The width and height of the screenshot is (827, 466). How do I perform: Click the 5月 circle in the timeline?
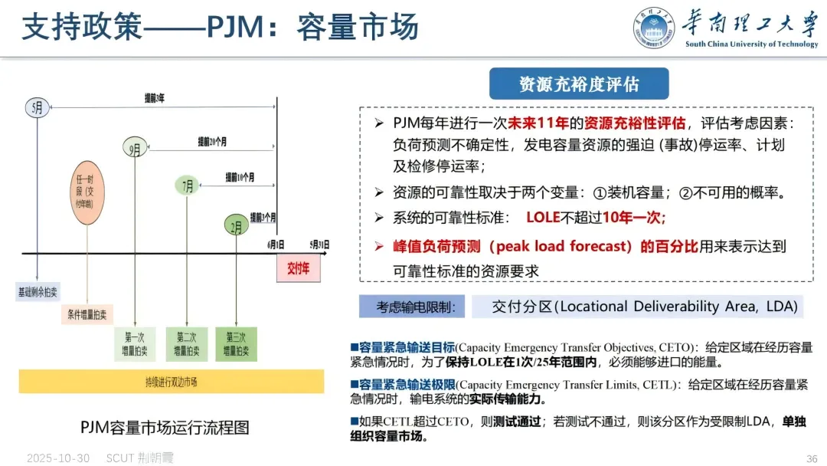coord(37,107)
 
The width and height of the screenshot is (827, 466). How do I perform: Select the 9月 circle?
coord(135,149)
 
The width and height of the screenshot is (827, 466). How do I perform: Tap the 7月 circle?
coord(186,185)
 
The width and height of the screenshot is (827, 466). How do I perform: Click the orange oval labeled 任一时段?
coord(87,192)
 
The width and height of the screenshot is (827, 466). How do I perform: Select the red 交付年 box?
coord(298,270)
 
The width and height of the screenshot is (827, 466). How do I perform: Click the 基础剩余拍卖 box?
coord(38,292)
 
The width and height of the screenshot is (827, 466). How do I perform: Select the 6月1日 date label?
coord(276,244)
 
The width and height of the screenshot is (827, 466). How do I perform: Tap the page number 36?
coord(812,458)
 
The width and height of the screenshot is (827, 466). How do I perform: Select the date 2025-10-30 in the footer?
coord(58,458)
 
